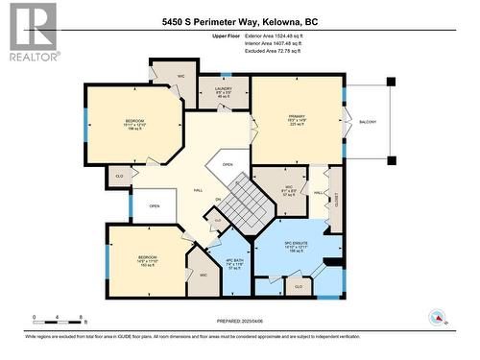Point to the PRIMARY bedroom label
(297, 121)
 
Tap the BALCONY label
(368, 122)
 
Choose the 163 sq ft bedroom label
(147, 261)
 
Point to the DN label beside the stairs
(218, 200)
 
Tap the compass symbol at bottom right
(437, 317)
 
